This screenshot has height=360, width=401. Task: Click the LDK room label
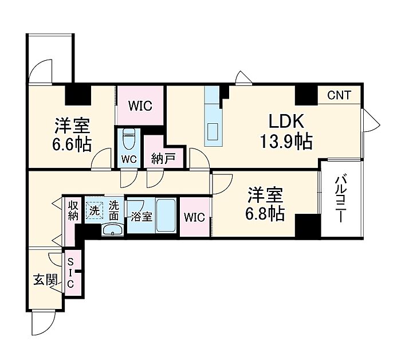tap(286, 121)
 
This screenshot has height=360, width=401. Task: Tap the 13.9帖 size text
tap(286, 142)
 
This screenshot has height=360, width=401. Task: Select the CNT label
tap(339, 95)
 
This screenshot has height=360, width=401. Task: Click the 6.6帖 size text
tap(72, 144)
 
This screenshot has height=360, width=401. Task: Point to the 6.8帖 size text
tap(265, 214)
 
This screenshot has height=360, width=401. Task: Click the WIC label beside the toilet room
tap(140, 105)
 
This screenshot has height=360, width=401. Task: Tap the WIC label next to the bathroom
tap(195, 217)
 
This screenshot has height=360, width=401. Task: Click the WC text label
tap(129, 159)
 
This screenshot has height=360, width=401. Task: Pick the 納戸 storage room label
tap(163, 159)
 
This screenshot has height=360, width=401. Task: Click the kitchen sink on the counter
tap(212, 131)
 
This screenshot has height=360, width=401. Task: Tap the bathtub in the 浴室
tap(166, 215)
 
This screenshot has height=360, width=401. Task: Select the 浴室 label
tap(141, 217)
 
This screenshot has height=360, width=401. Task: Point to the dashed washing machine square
tap(95, 210)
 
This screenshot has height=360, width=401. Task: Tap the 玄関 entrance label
tap(45, 280)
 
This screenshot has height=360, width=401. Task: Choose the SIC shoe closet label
tap(70, 273)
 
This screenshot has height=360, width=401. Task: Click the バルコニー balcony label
tap(341, 198)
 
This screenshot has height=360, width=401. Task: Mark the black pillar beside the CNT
tap(306, 95)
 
